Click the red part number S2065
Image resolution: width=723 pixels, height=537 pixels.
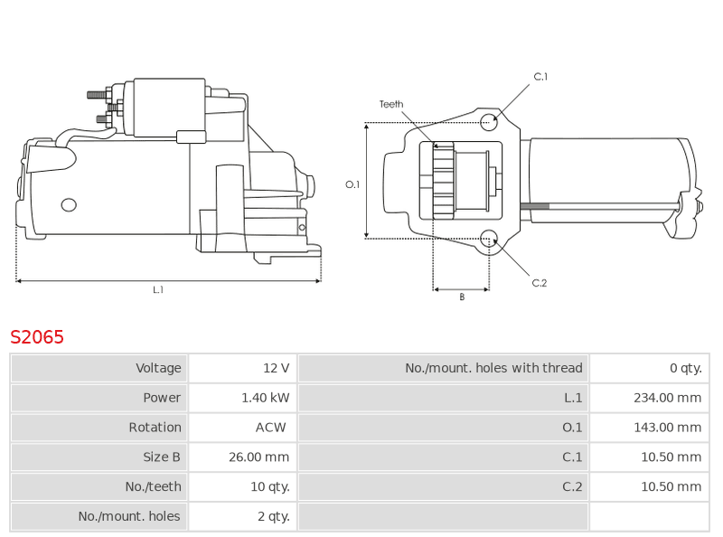point(37,337)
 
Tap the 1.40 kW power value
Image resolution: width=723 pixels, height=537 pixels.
point(266,398)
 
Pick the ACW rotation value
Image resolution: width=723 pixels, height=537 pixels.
point(270,428)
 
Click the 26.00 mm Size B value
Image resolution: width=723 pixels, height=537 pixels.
point(259,457)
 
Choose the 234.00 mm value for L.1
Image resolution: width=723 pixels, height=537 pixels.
point(667,398)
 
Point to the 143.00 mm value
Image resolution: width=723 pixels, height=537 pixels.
point(667,428)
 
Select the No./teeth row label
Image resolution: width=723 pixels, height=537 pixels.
point(153,486)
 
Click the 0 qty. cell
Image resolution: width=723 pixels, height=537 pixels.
point(686,368)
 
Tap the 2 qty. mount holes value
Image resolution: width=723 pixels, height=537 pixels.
point(274,516)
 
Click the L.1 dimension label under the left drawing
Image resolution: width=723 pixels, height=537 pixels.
point(158,289)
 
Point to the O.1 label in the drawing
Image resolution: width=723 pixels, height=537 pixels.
point(352,184)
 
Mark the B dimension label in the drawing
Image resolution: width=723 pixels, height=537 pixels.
point(462,297)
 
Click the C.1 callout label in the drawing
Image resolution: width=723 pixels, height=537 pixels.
point(540,77)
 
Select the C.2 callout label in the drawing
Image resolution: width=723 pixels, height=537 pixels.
point(539,283)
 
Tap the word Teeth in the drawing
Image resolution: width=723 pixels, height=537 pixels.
point(391,104)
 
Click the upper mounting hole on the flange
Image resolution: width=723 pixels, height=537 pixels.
point(489,122)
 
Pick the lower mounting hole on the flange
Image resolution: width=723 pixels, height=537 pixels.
point(489,239)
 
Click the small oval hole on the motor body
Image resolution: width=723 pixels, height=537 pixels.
point(69,205)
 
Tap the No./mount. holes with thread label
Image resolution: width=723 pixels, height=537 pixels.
point(493,368)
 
